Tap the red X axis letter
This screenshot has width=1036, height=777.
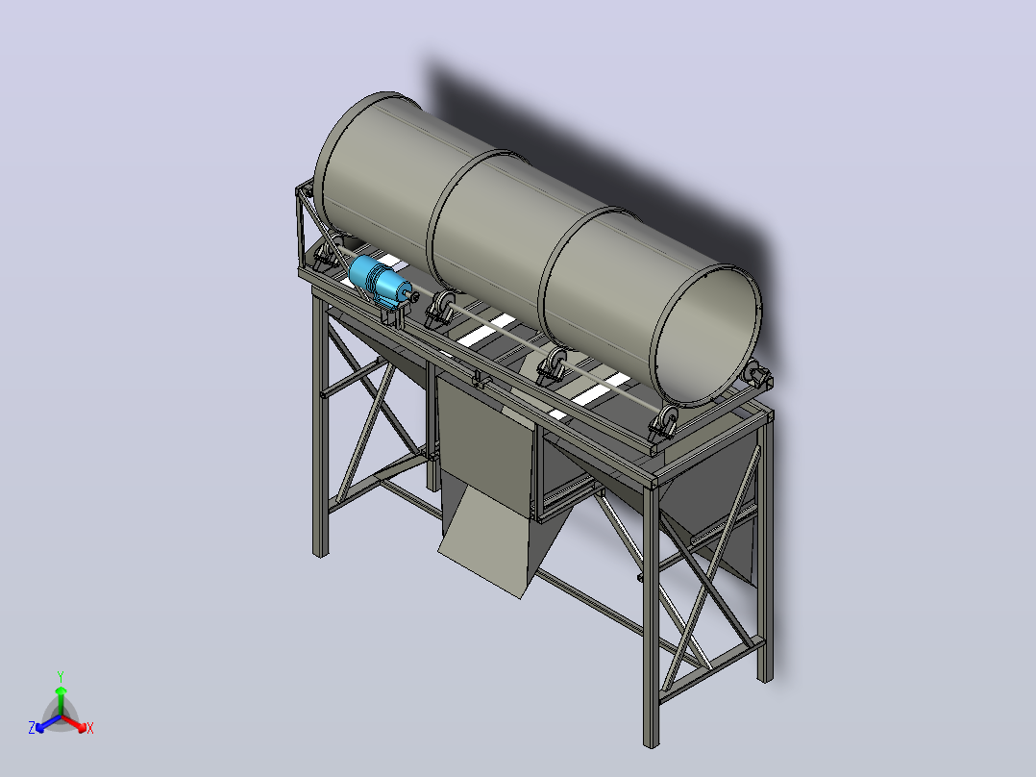(90, 728)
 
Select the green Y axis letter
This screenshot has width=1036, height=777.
(61, 676)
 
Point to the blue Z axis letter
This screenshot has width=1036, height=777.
(32, 727)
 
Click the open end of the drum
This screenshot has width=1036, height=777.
(705, 335)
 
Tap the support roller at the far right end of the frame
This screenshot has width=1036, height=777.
(755, 375)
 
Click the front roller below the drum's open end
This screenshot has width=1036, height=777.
(663, 423)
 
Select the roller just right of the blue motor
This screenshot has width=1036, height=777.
(439, 308)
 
